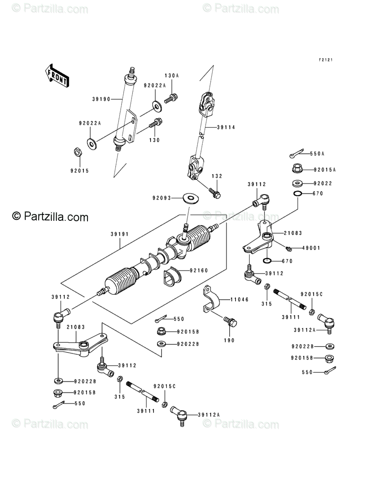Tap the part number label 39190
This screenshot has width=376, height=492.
tap(101, 99)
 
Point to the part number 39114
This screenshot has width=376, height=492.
tap(226, 127)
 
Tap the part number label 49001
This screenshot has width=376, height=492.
tap(311, 248)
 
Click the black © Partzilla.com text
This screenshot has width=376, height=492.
tap(50, 217)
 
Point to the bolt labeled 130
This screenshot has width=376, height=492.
tap(155, 123)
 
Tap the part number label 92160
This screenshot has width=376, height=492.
tap(198, 270)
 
